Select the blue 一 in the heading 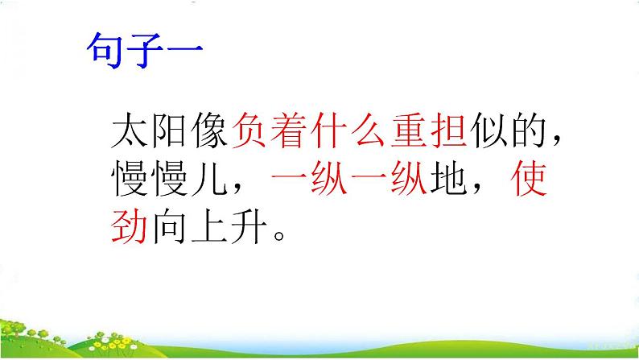(184, 49)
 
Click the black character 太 (129, 130)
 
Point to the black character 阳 (169, 130)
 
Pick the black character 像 (209, 130)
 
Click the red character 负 (249, 130)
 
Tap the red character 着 (289, 130)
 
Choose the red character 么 (369, 130)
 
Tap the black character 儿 (209, 178)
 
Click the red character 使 (529, 178)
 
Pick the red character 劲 (129, 226)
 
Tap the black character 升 (249, 226)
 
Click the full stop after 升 (279, 236)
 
